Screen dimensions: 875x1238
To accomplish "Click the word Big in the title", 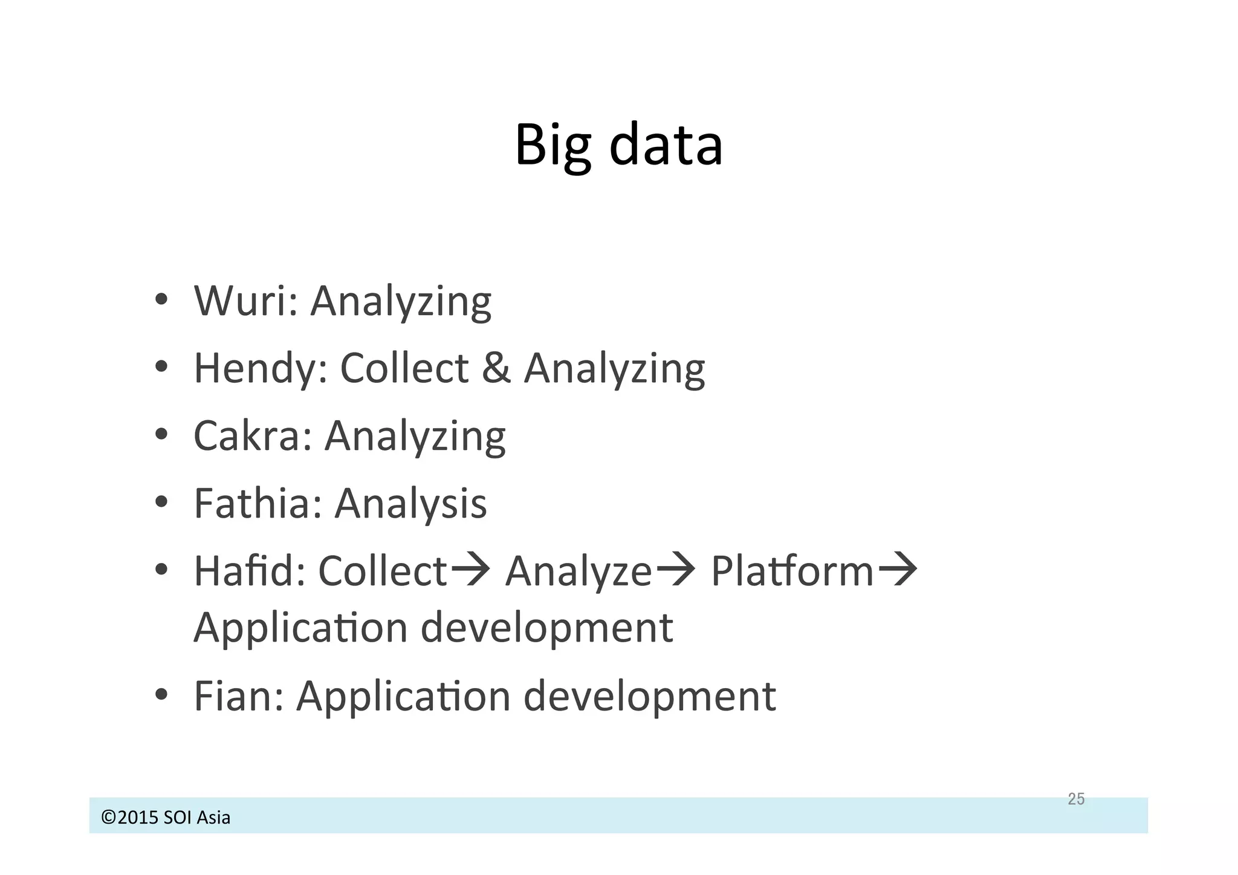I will pyautogui.click(x=553, y=145).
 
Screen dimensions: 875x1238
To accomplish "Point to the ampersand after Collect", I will pyautogui.click(x=496, y=368).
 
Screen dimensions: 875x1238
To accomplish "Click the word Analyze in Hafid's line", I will pyautogui.click(x=578, y=571).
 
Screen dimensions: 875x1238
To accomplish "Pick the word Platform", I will pyautogui.click(x=792, y=570).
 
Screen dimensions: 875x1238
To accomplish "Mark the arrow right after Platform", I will pyautogui.click(x=898, y=570).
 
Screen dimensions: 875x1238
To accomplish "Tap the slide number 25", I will pyautogui.click(x=1076, y=799).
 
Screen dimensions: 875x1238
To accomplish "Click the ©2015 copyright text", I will pyautogui.click(x=166, y=818).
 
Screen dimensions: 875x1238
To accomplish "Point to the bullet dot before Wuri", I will pyautogui.click(x=161, y=301).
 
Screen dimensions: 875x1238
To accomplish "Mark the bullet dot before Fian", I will pyautogui.click(x=161, y=695).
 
